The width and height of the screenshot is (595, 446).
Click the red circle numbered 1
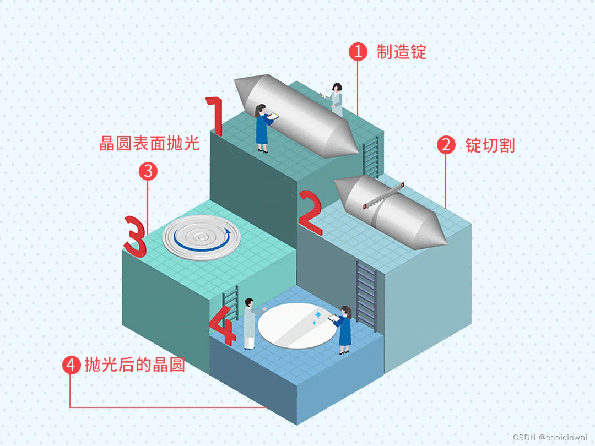(358, 52)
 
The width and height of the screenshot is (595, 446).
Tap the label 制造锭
(402, 52)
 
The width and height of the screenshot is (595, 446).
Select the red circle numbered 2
(446, 145)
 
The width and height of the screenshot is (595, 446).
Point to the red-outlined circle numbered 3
(148, 171)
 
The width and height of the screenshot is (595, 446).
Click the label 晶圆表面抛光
(149, 143)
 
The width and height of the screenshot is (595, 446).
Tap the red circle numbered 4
(71, 365)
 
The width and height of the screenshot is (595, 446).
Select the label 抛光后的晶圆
(134, 365)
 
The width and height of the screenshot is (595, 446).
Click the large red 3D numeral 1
(215, 116)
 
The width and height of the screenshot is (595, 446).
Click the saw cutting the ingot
(383, 195)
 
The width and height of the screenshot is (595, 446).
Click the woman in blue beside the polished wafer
(344, 329)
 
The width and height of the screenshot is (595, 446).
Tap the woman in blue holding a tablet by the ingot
(262, 128)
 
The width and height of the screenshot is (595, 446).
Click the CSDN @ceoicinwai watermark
(551, 437)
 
